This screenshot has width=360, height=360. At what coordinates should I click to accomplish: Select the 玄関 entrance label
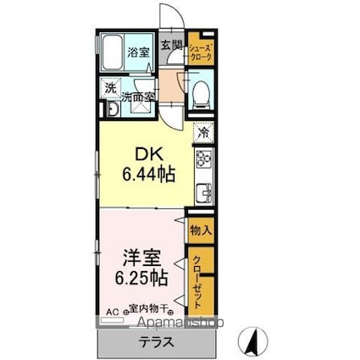(171, 46)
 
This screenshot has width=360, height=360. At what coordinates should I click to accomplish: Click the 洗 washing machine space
(110, 87)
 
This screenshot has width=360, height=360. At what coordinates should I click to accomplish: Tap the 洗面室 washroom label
(138, 97)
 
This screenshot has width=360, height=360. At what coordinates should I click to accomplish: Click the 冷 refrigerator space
(202, 131)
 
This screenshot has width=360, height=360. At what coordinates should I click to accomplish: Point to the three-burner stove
(203, 158)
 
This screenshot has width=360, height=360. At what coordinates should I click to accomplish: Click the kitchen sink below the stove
(203, 193)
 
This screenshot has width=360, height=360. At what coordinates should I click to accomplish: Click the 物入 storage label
(201, 230)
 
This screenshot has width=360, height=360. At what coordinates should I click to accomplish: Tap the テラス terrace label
(157, 343)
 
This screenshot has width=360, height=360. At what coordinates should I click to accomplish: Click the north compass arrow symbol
(252, 341)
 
